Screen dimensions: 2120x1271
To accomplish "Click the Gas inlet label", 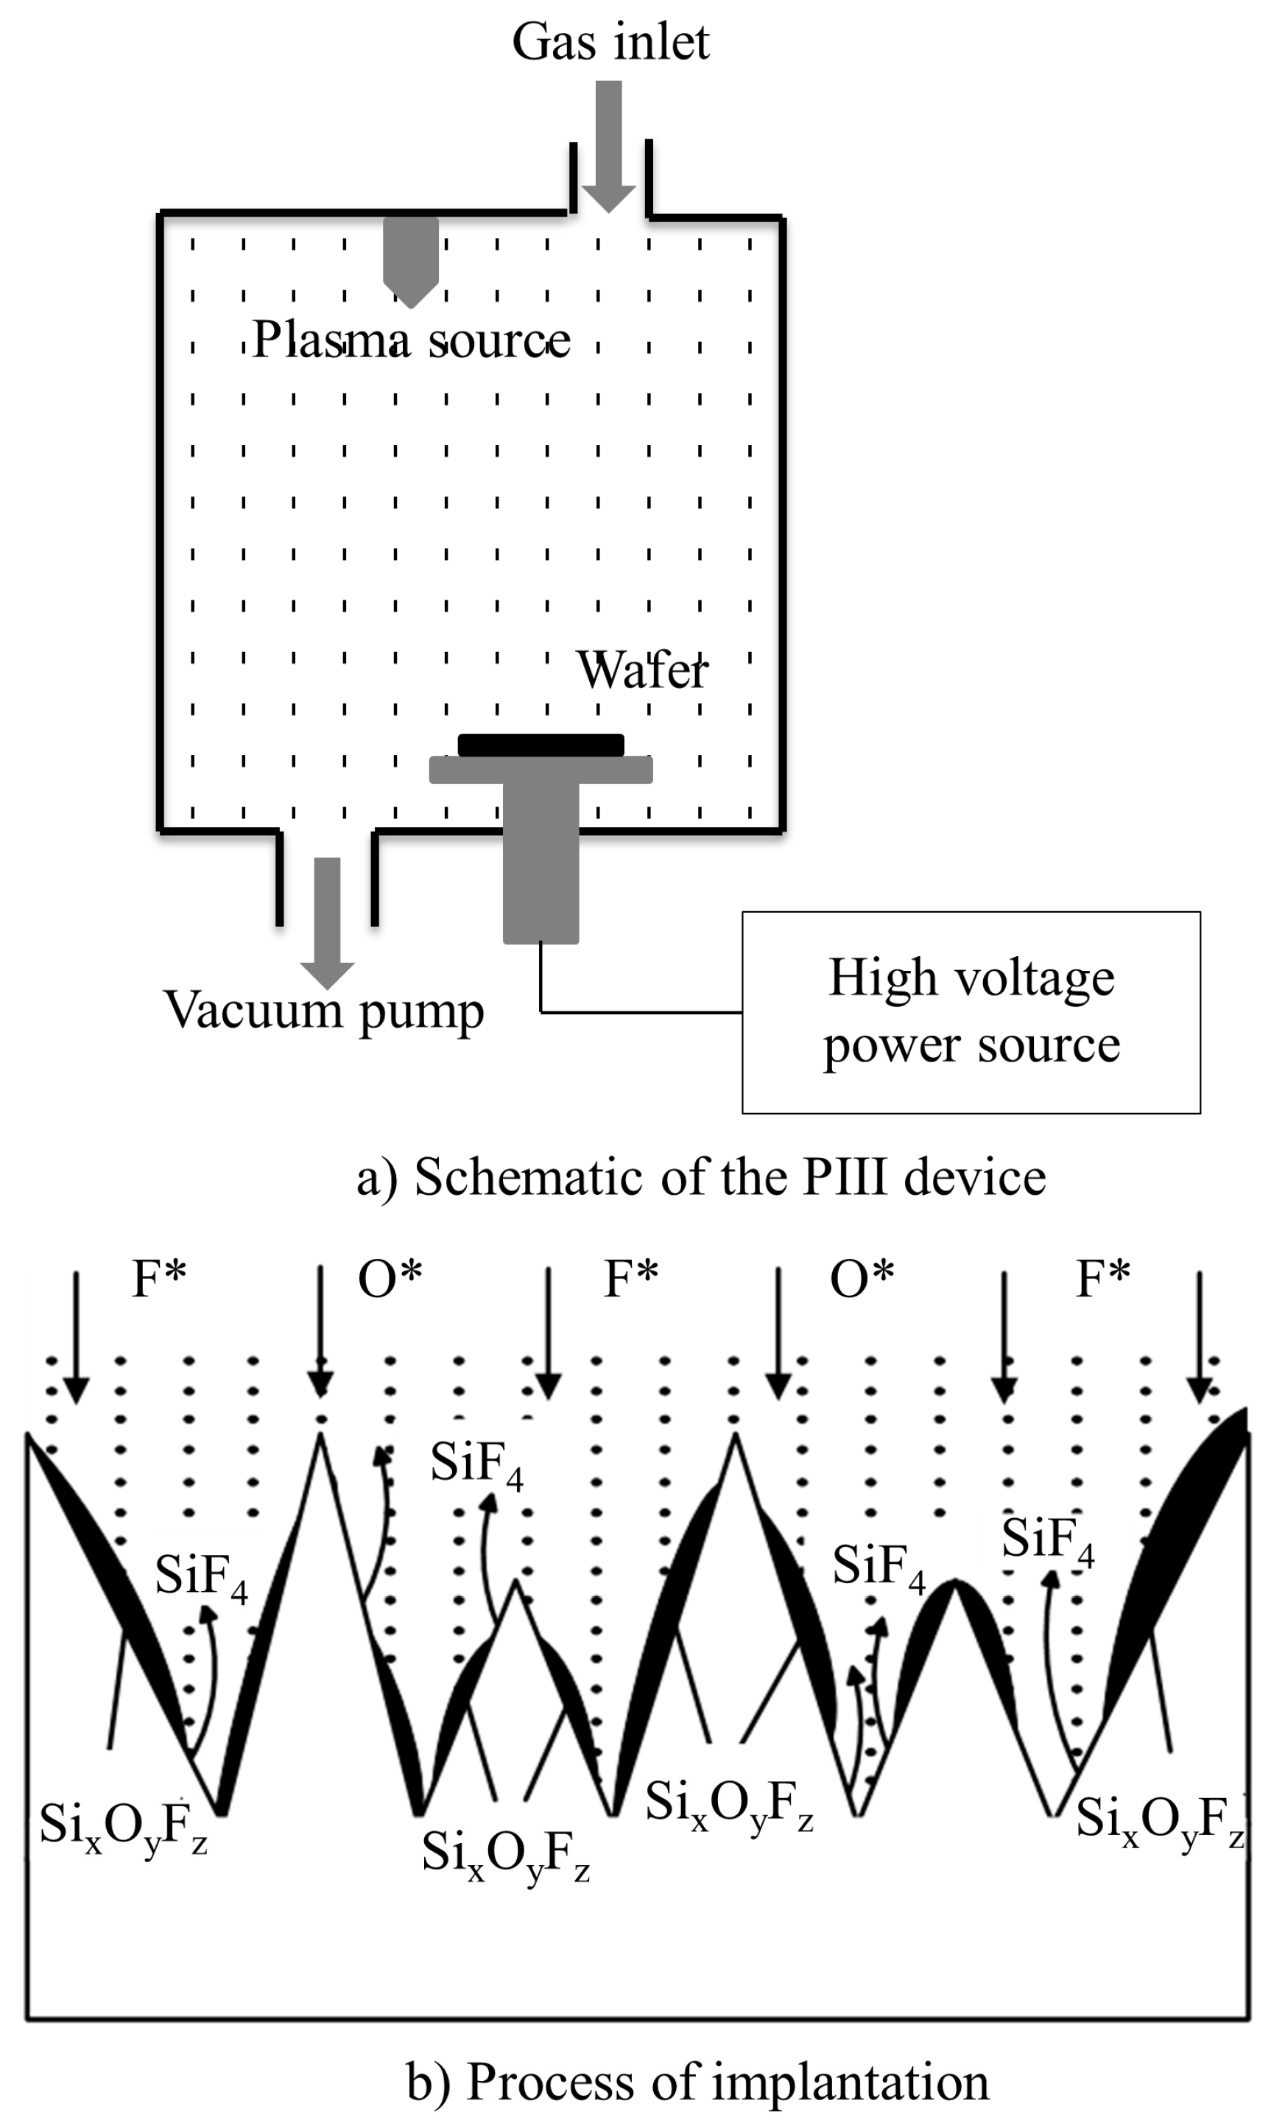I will [x=610, y=43].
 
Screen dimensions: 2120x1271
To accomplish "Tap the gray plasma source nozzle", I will [x=411, y=257].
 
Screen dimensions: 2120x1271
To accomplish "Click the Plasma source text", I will [x=411, y=340].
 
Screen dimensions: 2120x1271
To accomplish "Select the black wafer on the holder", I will [x=541, y=744].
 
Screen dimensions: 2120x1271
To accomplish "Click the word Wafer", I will [x=642, y=670].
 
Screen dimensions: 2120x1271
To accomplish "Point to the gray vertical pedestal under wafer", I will [x=541, y=865].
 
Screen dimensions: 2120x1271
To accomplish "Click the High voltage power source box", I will [x=971, y=1012].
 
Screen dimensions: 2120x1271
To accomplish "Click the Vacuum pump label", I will [x=324, y=1011].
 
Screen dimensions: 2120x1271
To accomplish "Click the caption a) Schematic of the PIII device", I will [x=700, y=1177].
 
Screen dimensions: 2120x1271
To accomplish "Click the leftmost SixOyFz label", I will [x=123, y=1825].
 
